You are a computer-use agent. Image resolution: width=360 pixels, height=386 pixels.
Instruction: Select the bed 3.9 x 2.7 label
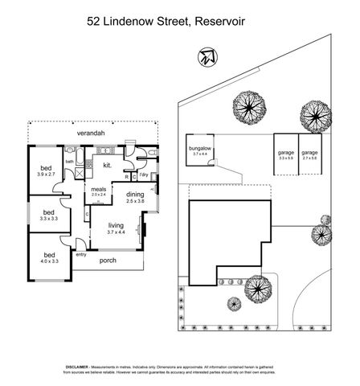click(x=46, y=170)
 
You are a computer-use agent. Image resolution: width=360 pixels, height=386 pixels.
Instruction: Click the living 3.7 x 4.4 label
click(x=104, y=230)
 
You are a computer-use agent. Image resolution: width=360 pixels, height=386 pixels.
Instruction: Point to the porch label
click(x=107, y=261)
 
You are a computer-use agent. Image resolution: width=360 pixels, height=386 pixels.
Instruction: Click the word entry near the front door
click(x=80, y=254)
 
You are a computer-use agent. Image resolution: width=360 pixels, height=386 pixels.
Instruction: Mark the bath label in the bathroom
click(x=70, y=161)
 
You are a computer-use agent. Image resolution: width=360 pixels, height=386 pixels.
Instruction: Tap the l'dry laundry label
click(x=143, y=175)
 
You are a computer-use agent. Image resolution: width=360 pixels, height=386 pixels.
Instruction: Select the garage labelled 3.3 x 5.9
click(x=285, y=154)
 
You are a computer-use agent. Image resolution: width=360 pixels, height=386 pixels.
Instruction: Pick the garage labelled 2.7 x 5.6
click(x=310, y=154)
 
